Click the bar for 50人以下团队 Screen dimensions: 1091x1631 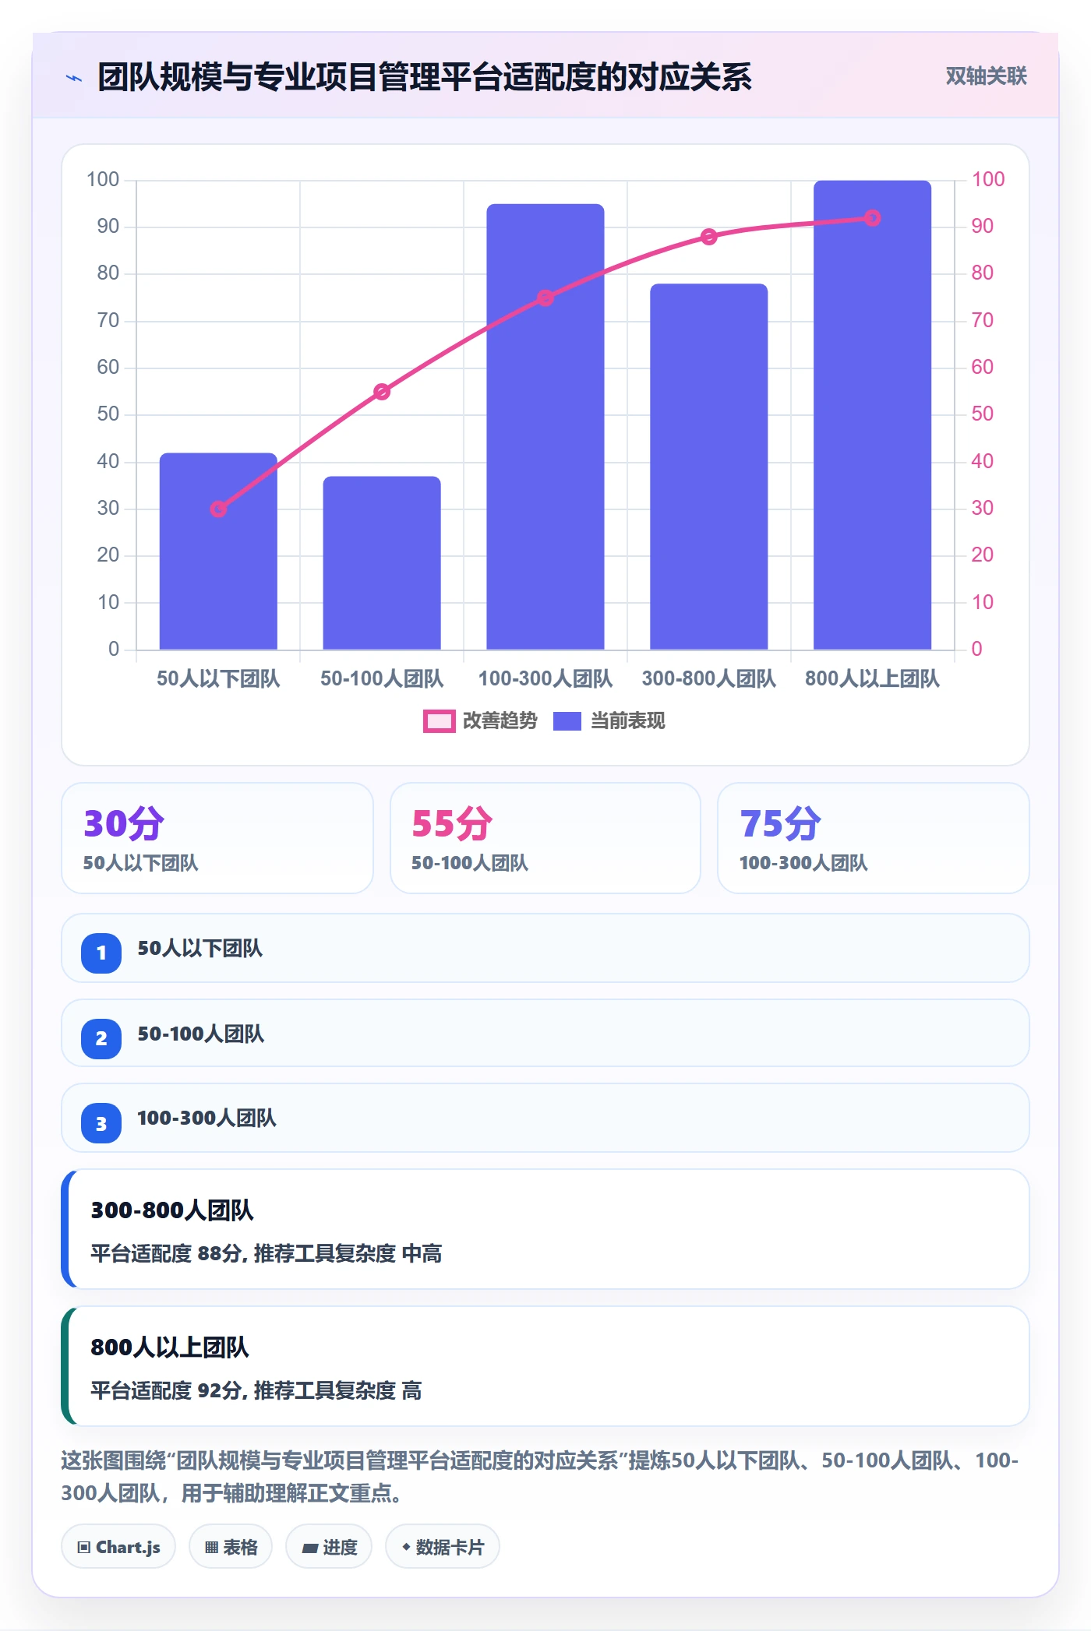218,551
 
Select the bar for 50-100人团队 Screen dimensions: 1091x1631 382,562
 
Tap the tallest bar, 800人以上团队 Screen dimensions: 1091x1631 872,414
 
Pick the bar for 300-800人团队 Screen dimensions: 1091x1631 708,466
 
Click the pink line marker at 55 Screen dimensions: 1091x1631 382,392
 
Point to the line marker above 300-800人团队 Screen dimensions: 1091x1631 708,237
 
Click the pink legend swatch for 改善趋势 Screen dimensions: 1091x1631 439,721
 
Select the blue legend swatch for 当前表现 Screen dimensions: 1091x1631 567,721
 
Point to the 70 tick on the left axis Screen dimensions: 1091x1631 108,320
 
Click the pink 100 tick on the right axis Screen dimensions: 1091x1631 987,179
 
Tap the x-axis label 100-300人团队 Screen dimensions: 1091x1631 545,678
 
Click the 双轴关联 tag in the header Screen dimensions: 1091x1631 986,76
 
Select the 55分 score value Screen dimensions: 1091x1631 452,823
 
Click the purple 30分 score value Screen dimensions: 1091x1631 124,823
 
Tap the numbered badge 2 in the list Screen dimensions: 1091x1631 101,1038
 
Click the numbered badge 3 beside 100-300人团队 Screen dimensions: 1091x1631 101,1123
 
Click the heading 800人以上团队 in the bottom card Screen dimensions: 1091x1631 170,1347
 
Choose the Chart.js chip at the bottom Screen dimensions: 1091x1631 118,1547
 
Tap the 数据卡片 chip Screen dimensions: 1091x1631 443,1547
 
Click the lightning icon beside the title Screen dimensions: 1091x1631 74,78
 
